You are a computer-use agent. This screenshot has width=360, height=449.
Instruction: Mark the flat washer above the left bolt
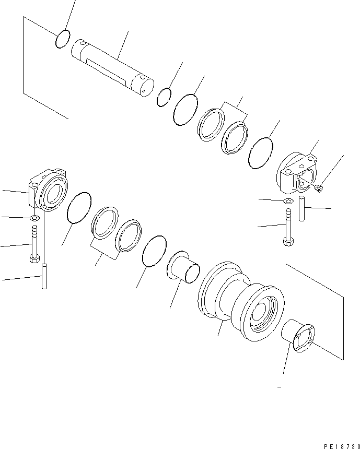pyautogui.click(x=34, y=218)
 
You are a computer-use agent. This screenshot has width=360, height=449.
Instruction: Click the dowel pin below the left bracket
pyautogui.click(x=44, y=276)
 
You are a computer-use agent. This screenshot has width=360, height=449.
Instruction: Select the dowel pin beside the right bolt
pyautogui.click(x=301, y=209)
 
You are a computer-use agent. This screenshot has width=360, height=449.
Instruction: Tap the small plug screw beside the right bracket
pyautogui.click(x=319, y=187)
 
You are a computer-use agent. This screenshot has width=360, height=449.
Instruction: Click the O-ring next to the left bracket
pyautogui.click(x=79, y=208)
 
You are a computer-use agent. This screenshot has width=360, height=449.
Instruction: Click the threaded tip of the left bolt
pyautogui.click(x=34, y=230)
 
